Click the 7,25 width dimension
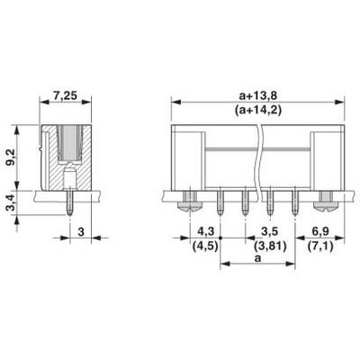[65, 95]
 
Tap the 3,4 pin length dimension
[13, 202]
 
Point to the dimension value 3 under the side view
[81, 232]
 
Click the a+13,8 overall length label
[257, 95]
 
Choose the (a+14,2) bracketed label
[257, 111]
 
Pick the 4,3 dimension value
[206, 231]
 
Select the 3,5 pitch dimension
[270, 231]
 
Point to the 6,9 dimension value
[320, 231]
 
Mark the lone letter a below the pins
[257, 258]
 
